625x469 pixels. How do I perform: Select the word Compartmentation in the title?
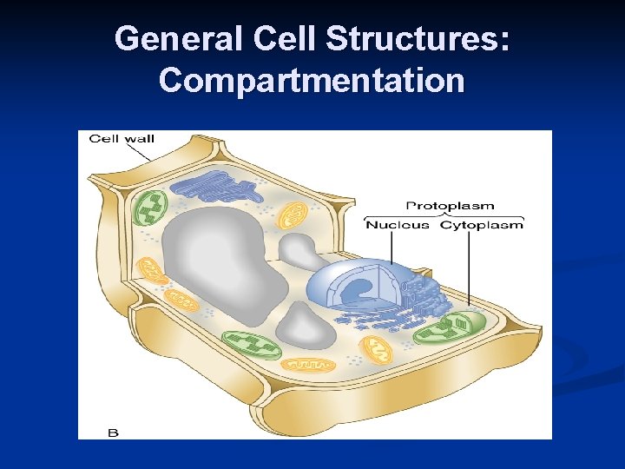pyautogui.click(x=312, y=80)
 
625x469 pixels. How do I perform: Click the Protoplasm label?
pyautogui.click(x=451, y=206)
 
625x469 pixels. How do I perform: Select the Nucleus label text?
pyautogui.click(x=397, y=225)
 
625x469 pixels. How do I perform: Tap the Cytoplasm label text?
pyautogui.click(x=482, y=225)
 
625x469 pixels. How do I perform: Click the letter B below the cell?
pyautogui.click(x=112, y=431)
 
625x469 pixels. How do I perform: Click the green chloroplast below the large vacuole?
pyautogui.click(x=251, y=344)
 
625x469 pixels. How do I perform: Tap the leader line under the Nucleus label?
pyautogui.click(x=391, y=248)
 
